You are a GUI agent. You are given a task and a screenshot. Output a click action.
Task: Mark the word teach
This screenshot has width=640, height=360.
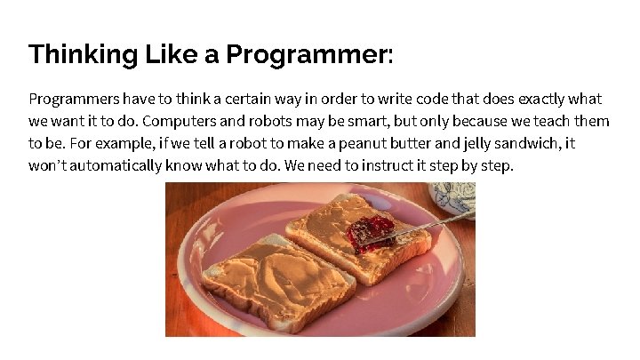[549, 121]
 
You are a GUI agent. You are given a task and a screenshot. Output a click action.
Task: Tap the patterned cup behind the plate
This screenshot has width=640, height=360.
[455, 197]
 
